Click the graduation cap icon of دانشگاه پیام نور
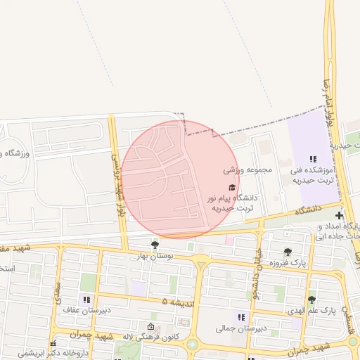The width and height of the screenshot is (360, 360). click(x=232, y=187)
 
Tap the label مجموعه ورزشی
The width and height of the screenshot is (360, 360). click(x=244, y=170)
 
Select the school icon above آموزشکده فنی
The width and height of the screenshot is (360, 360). click(x=313, y=160)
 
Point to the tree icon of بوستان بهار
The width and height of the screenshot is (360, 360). click(x=155, y=245)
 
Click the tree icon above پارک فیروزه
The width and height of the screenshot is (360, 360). click(x=288, y=252)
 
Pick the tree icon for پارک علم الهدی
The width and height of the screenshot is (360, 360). click(x=311, y=300)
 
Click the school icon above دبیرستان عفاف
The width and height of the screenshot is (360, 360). click(x=86, y=300)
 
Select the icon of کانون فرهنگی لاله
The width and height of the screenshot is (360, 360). click(x=150, y=327)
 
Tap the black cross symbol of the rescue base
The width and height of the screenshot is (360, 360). click(x=340, y=214)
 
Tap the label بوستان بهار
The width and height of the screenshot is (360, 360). click(x=155, y=257)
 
